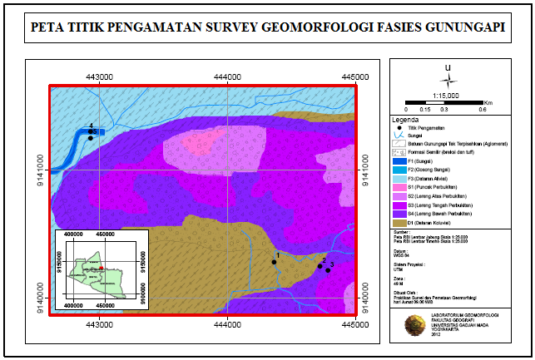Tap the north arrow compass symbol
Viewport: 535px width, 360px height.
448,80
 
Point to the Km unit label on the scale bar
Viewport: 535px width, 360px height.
488,102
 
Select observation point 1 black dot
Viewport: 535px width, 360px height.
274,262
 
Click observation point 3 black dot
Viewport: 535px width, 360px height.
328,270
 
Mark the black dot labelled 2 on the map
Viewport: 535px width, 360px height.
320,266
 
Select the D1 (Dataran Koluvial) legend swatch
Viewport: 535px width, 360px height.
398,222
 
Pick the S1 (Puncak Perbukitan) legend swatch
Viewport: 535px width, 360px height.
398,187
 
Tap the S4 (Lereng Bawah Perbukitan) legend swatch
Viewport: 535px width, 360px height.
398,214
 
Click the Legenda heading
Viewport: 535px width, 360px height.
405,119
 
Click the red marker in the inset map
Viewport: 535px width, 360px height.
99,268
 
